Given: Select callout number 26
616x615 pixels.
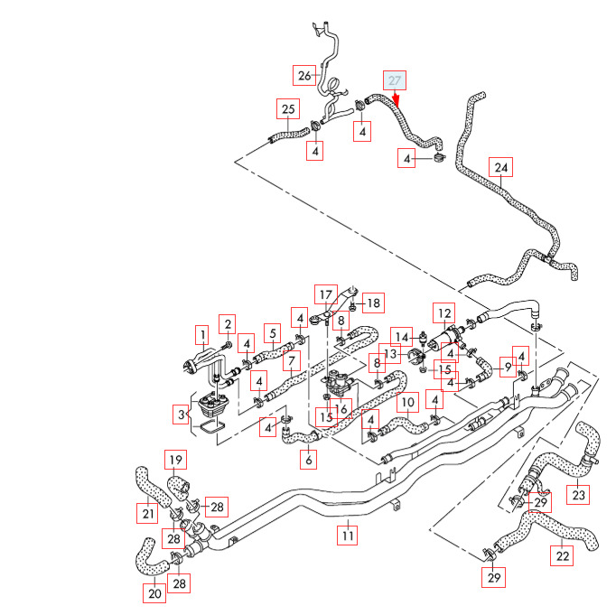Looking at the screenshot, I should (x=303, y=75).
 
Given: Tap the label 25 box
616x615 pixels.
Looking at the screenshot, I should (x=287, y=110).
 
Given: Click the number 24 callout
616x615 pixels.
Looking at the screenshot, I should (x=501, y=167).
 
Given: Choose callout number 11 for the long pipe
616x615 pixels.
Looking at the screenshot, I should (x=348, y=533).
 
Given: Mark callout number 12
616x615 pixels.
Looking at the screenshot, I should (x=444, y=313).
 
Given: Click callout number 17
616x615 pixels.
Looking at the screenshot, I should (x=324, y=294).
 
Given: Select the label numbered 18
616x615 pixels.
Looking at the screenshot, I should (x=372, y=303).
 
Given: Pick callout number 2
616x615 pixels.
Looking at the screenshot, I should (x=228, y=324).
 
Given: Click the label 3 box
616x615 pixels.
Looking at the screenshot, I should (x=184, y=415).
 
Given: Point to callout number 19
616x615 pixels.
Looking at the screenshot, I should (x=174, y=461).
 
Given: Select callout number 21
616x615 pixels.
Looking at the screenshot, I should (x=146, y=513).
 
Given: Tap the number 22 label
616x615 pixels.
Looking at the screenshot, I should (x=563, y=556).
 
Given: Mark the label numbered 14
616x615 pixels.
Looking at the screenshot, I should (x=401, y=335).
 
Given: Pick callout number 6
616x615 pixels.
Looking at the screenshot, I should (x=309, y=460).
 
